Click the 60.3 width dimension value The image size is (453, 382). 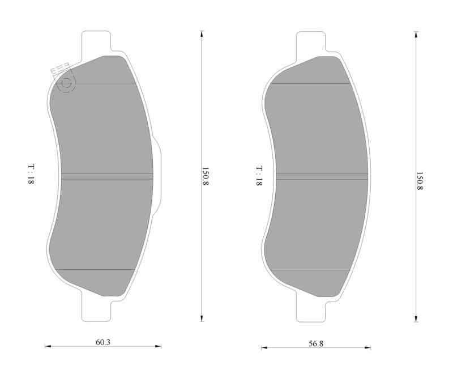pyautogui.click(x=103, y=342)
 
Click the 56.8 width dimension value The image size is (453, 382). pyautogui.click(x=316, y=343)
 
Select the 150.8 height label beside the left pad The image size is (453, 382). pyautogui.click(x=205, y=176)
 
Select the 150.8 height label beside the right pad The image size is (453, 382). pyautogui.click(x=419, y=181)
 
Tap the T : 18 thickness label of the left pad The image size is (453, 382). pyautogui.click(x=31, y=175)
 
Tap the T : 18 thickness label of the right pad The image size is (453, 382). pyautogui.click(x=259, y=176)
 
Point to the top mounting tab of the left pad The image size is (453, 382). pyautogui.click(x=96, y=42)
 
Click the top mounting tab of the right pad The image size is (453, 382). pyautogui.click(x=311, y=43)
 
